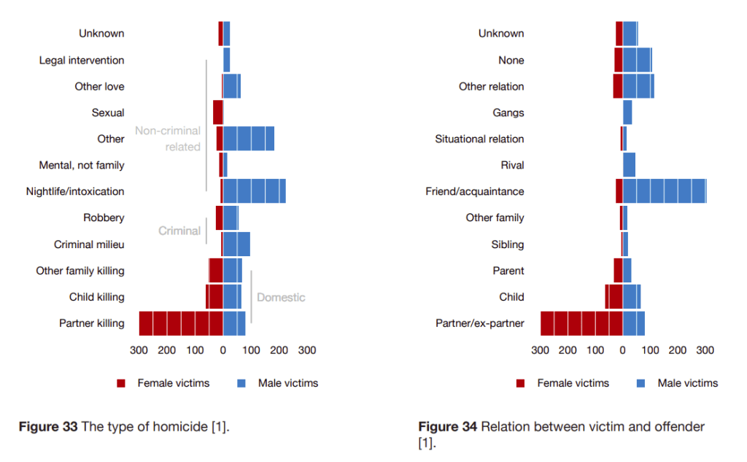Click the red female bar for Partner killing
[181, 323]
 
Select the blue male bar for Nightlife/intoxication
[254, 191]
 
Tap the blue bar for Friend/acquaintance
[665, 191]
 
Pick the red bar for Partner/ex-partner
[581, 323]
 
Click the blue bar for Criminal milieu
[236, 244]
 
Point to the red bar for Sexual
[217, 112]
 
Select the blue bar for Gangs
[627, 112]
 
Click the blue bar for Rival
[629, 165]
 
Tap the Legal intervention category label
[82, 60]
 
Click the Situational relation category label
[479, 139]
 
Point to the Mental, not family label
[82, 165]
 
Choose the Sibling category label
[508, 244]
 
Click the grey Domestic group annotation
[281, 297]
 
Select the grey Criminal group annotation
[179, 231]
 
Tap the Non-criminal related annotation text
[168, 139]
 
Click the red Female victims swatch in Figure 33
[122, 383]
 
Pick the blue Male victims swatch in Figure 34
[642, 383]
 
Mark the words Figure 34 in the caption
[448, 427]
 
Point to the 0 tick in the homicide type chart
[223, 350]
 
